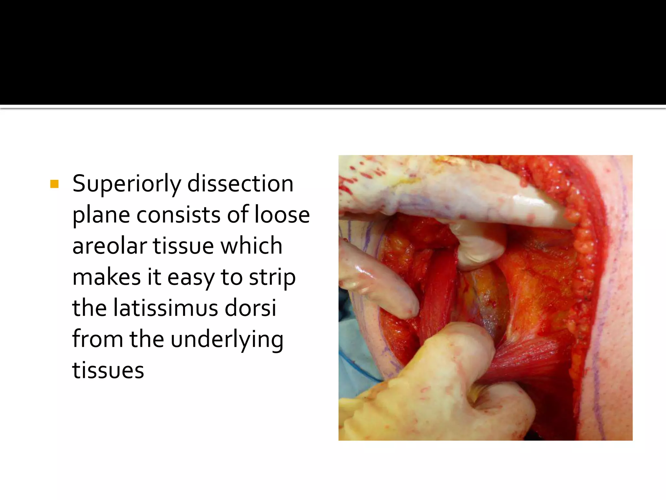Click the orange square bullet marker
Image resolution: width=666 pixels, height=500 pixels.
click(54, 184)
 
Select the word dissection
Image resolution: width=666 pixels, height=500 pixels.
click(240, 184)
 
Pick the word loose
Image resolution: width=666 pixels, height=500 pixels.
click(282, 215)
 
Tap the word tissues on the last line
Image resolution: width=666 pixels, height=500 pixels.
click(108, 370)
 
